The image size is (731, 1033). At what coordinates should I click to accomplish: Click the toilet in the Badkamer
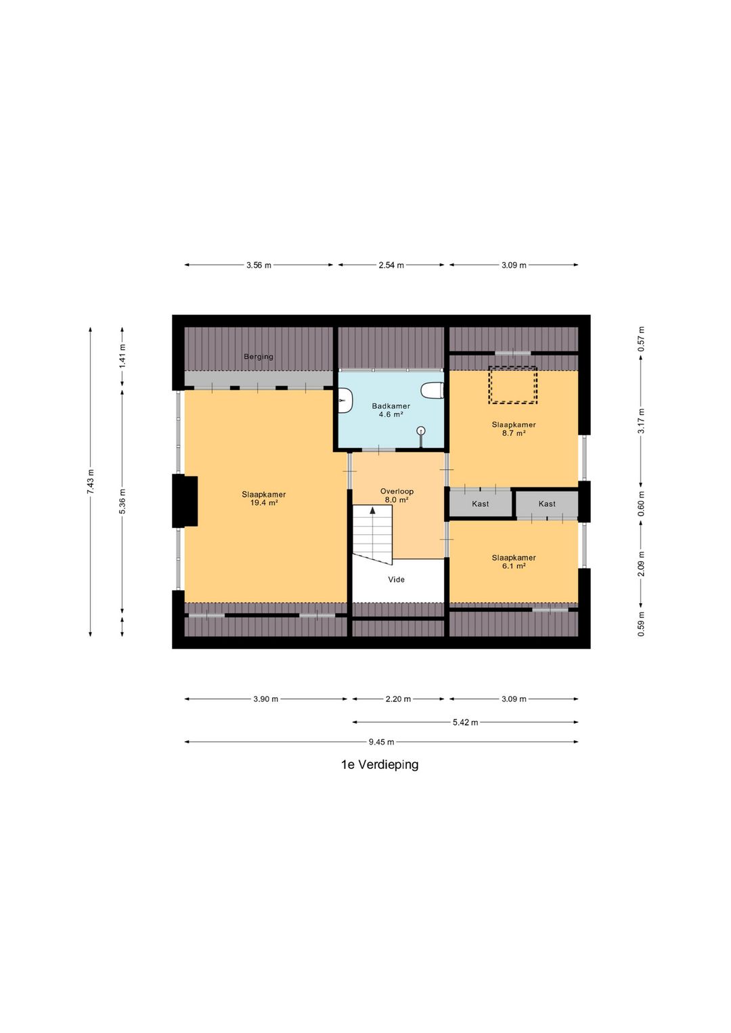(x=432, y=390)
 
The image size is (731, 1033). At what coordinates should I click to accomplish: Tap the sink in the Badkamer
(x=345, y=400)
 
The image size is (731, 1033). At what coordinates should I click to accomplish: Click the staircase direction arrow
(x=372, y=510)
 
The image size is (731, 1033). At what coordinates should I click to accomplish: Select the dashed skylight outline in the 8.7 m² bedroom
(x=513, y=385)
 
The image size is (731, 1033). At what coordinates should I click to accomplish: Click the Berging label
(x=259, y=357)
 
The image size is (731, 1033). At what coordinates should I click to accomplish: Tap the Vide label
(x=396, y=579)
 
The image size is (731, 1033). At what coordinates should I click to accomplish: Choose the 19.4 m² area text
(x=264, y=503)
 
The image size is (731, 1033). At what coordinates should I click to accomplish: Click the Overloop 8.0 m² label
(x=397, y=496)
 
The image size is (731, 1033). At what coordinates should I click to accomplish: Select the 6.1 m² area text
(x=514, y=566)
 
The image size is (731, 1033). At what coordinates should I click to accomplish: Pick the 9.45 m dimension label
(x=382, y=742)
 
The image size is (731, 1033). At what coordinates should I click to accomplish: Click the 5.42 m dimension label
(x=466, y=722)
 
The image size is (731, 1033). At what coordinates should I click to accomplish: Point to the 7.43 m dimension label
(x=91, y=482)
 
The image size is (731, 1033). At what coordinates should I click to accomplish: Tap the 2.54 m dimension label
(x=391, y=265)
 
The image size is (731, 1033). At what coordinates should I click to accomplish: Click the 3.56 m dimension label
(x=259, y=265)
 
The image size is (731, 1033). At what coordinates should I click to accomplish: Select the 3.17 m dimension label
(x=641, y=420)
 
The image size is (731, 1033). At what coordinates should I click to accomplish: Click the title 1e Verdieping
(x=380, y=765)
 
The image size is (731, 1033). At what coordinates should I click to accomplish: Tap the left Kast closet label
(x=480, y=504)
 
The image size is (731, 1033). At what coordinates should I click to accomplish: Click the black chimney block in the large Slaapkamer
(x=185, y=501)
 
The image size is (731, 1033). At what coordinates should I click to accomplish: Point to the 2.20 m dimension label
(x=398, y=699)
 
